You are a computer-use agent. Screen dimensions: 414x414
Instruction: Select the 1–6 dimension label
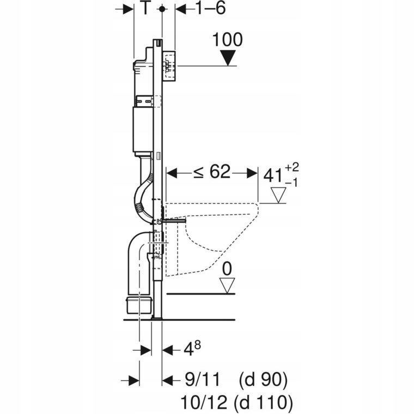point(211,8)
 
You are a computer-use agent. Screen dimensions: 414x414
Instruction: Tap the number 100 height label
point(227,40)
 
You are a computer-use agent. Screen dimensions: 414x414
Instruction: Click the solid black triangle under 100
point(228,58)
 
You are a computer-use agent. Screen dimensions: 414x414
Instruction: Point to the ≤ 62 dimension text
point(212,172)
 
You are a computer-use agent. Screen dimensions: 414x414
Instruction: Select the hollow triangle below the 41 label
point(278,195)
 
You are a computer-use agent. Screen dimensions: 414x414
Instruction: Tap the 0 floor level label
point(227,269)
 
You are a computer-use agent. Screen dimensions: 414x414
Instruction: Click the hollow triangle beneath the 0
point(227,285)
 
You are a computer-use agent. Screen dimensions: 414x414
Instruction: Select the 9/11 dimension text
point(202,380)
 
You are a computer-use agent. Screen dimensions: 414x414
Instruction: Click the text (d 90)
point(263,380)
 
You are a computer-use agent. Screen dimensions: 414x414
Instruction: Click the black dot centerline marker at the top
point(162,9)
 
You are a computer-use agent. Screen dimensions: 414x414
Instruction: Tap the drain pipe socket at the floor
point(139,305)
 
